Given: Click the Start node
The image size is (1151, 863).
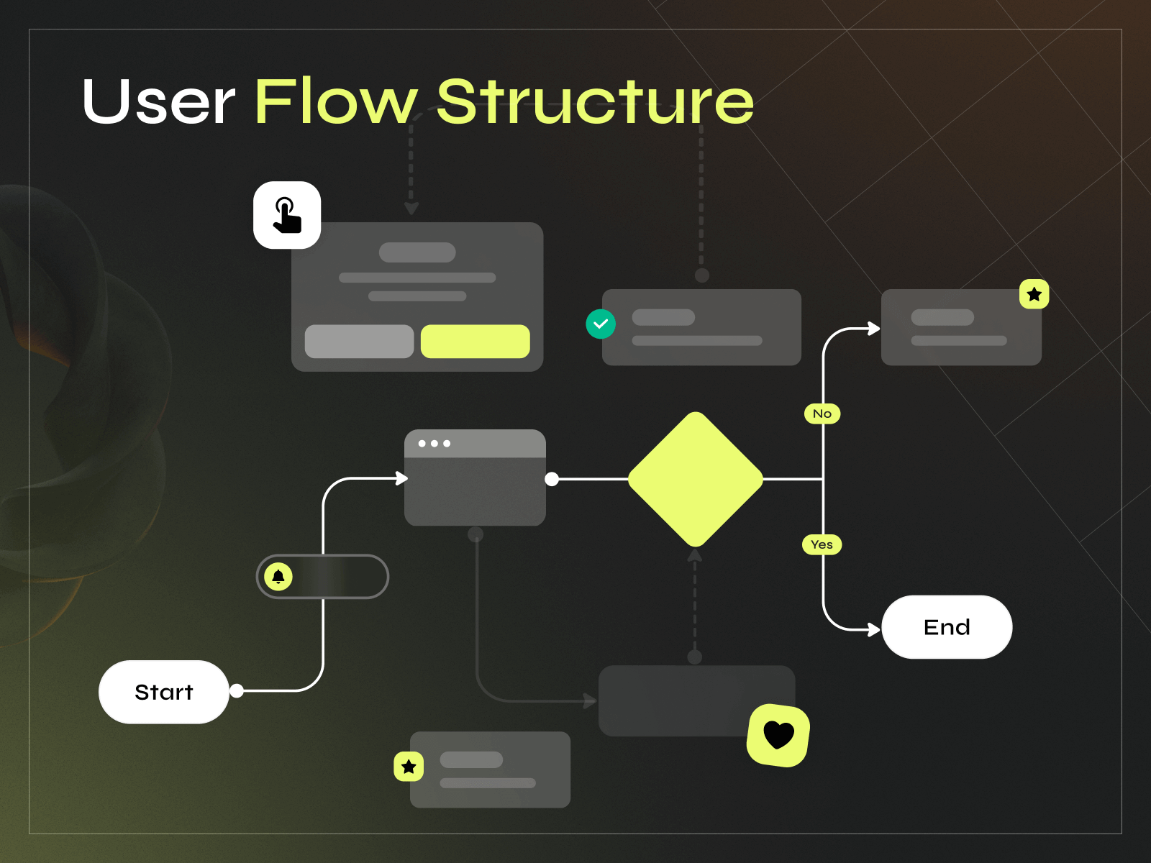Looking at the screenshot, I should [x=164, y=692].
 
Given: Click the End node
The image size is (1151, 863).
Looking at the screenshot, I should [x=947, y=627].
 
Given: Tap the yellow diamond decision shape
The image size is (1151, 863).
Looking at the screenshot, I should [x=695, y=479].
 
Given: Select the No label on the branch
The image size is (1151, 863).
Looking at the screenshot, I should [x=822, y=414].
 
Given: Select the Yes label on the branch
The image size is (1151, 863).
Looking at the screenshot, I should [x=822, y=544].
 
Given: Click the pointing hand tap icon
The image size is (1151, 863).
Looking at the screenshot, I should [x=287, y=215].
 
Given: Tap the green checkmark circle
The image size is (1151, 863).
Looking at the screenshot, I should [x=601, y=324].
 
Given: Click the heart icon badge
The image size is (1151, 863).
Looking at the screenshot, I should [x=778, y=735].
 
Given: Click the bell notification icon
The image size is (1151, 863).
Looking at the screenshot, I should [x=278, y=576].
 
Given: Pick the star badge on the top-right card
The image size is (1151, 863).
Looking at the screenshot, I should [x=1034, y=294].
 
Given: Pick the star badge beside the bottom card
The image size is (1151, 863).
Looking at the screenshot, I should [x=409, y=767].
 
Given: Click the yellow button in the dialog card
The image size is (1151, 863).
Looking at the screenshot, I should [x=475, y=341].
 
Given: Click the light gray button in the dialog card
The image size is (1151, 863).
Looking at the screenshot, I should [x=359, y=341].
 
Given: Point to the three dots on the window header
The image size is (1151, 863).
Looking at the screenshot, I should [x=434, y=444].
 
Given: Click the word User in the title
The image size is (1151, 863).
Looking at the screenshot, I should [x=158, y=102].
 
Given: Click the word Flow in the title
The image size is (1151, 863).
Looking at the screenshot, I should [x=335, y=102].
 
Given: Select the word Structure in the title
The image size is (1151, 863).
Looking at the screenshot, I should [x=595, y=102].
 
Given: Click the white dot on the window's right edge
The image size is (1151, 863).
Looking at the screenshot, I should [x=552, y=479].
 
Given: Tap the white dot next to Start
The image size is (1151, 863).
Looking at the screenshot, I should [x=237, y=690].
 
